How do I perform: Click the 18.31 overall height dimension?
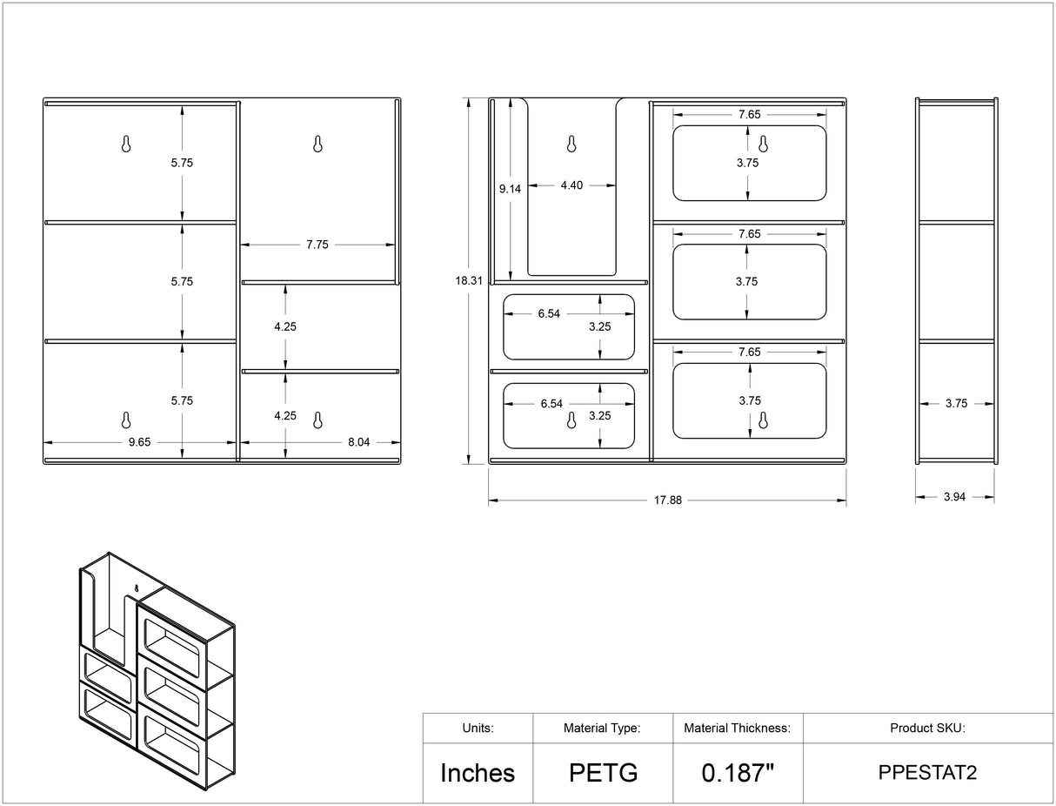point(469,280)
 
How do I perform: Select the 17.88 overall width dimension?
point(667,500)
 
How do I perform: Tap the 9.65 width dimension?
point(139,442)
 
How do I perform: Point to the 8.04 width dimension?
point(359,442)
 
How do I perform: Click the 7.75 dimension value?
point(317,245)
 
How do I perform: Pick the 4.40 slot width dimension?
point(571,185)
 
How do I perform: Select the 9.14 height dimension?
point(510,189)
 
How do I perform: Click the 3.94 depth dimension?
point(954,497)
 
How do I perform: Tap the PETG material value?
point(604,773)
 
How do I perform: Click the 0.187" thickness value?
point(738,773)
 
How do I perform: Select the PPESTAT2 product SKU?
point(927,773)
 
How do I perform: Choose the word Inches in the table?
point(478,773)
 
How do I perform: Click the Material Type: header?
point(602,728)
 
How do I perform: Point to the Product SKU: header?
point(927,728)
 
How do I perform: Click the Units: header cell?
point(478,728)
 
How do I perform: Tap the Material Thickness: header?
point(737,728)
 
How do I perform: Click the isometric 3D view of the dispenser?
point(157,671)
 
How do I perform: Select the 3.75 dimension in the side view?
point(957,403)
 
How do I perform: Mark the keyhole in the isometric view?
point(137,588)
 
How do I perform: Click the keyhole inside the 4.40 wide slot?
point(571,144)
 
